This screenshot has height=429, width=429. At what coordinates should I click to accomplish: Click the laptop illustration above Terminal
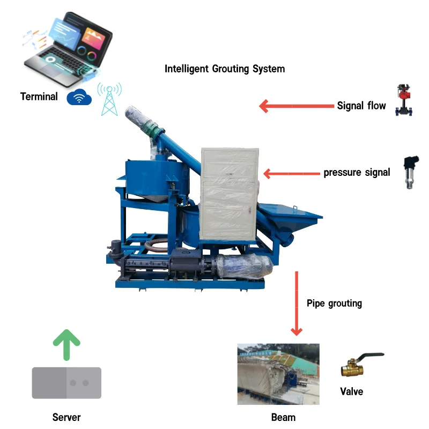[68, 49]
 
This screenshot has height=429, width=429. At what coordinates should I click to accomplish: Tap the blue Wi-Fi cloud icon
[79, 97]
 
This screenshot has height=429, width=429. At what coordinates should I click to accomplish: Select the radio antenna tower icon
[109, 99]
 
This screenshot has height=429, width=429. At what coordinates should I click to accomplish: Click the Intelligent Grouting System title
[225, 69]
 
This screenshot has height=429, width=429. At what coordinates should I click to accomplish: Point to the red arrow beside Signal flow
[297, 106]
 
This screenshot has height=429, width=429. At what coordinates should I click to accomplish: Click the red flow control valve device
[404, 100]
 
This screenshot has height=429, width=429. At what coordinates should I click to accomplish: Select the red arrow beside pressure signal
[292, 173]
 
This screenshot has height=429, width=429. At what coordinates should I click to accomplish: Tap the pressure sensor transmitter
[411, 172]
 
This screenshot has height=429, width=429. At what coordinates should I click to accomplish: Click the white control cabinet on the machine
[230, 194]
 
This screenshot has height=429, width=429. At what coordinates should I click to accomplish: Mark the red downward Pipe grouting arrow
[297, 304]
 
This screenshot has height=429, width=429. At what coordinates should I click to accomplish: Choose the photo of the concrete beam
[278, 374]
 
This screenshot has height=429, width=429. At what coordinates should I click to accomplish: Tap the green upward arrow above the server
[66, 345]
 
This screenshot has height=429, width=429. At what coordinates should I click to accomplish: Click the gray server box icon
[66, 383]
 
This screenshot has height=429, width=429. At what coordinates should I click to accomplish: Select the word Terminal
[39, 97]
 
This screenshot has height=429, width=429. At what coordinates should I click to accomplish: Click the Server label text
[66, 417]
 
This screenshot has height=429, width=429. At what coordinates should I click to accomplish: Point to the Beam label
[284, 418]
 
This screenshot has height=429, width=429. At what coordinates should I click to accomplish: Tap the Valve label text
[352, 391]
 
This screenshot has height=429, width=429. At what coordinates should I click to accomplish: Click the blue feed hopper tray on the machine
[290, 216]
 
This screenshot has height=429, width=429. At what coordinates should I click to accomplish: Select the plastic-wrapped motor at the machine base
[245, 265]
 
